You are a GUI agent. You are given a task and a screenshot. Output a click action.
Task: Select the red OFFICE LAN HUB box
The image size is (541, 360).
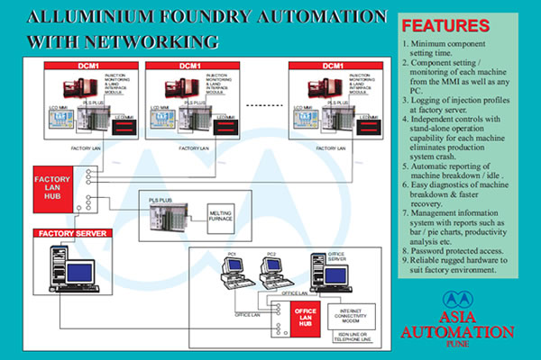pyautogui.click(x=305, y=316)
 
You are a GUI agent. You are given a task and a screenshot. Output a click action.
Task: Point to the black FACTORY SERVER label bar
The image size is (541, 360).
pyautogui.click(x=71, y=234)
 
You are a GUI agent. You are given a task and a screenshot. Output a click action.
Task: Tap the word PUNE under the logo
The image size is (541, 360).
pyautogui.click(x=468, y=343)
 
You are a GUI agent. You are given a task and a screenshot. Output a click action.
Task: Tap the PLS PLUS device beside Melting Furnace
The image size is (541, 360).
pyautogui.click(x=165, y=211)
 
